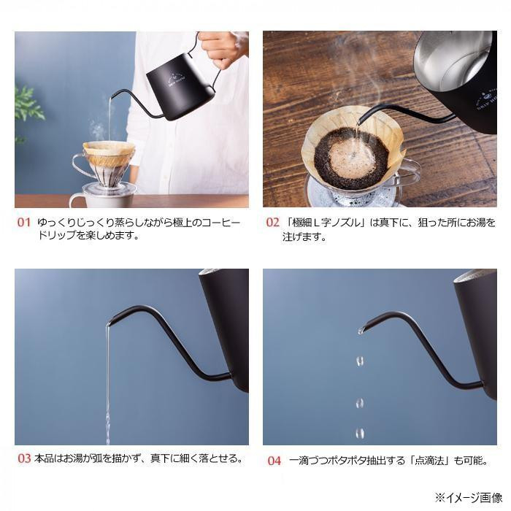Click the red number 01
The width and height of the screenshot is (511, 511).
(x=24, y=223)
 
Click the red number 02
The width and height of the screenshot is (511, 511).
(x=272, y=223)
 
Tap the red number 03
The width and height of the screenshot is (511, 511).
(x=24, y=458)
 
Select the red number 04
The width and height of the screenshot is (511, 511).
(x=274, y=461)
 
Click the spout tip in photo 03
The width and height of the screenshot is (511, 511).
(x=109, y=323)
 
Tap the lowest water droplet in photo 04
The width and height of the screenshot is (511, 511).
(x=360, y=433)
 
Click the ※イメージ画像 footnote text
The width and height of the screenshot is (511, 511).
(x=469, y=498)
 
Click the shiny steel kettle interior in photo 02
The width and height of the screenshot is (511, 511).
(x=453, y=62)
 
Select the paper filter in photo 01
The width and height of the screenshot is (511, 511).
(x=109, y=153)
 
